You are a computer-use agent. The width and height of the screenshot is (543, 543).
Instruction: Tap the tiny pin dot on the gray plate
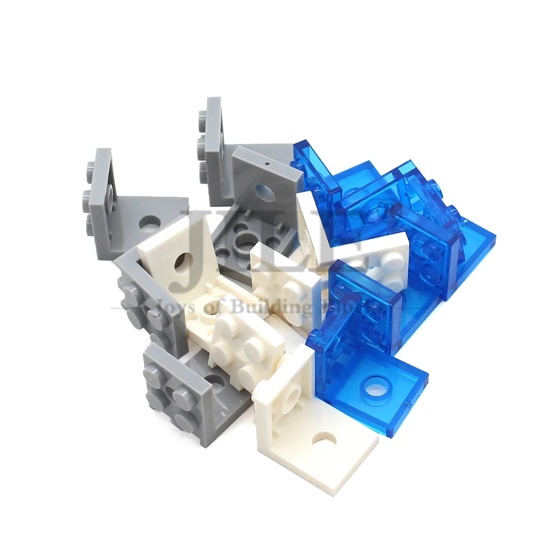(x=267, y=164)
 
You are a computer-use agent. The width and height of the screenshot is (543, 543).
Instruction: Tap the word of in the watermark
(x=217, y=307)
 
